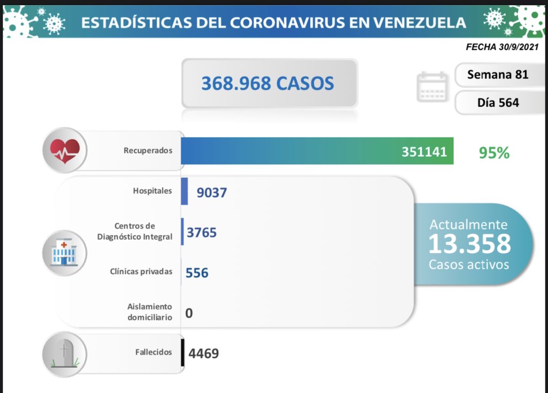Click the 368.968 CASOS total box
pyautogui.click(x=269, y=84)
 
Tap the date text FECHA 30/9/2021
pyautogui.click(x=502, y=47)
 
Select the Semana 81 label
pyautogui.click(x=498, y=74)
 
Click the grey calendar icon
pyautogui.click(x=432, y=87)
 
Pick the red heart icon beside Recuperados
pyautogui.click(x=64, y=150)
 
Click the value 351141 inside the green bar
pyautogui.click(x=424, y=152)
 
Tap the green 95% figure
pyautogui.click(x=494, y=153)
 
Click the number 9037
pyautogui.click(x=212, y=192)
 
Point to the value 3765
pyautogui.click(x=202, y=232)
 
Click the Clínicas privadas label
pyautogui.click(x=141, y=271)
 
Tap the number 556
pyautogui.click(x=197, y=273)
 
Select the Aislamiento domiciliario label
pyautogui.click(x=149, y=312)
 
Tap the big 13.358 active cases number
pyautogui.click(x=469, y=244)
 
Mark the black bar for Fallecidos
pyautogui.click(x=183, y=353)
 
